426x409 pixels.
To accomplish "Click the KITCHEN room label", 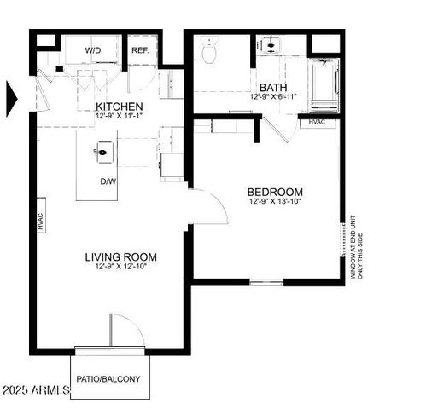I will pyautogui.click(x=120, y=105).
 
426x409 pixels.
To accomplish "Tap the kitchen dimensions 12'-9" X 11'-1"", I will pyautogui.click(x=120, y=116).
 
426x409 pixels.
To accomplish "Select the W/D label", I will pyautogui.click(x=93, y=50).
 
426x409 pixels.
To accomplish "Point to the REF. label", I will pyautogui.click(x=141, y=50).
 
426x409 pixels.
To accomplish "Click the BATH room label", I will pyautogui.click(x=272, y=87).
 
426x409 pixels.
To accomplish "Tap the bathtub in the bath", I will pyautogui.click(x=324, y=78).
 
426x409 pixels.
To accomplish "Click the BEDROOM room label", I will pyautogui.click(x=276, y=192).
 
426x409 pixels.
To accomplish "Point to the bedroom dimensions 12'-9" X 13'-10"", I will pyautogui.click(x=276, y=203).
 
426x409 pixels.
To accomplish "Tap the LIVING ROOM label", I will pyautogui.click(x=121, y=256).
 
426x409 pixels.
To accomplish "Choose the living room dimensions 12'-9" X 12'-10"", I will pyautogui.click(x=121, y=268).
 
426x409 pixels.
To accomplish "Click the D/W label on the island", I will pyautogui.click(x=108, y=181).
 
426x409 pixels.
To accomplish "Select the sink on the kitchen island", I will pyautogui.click(x=102, y=153).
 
